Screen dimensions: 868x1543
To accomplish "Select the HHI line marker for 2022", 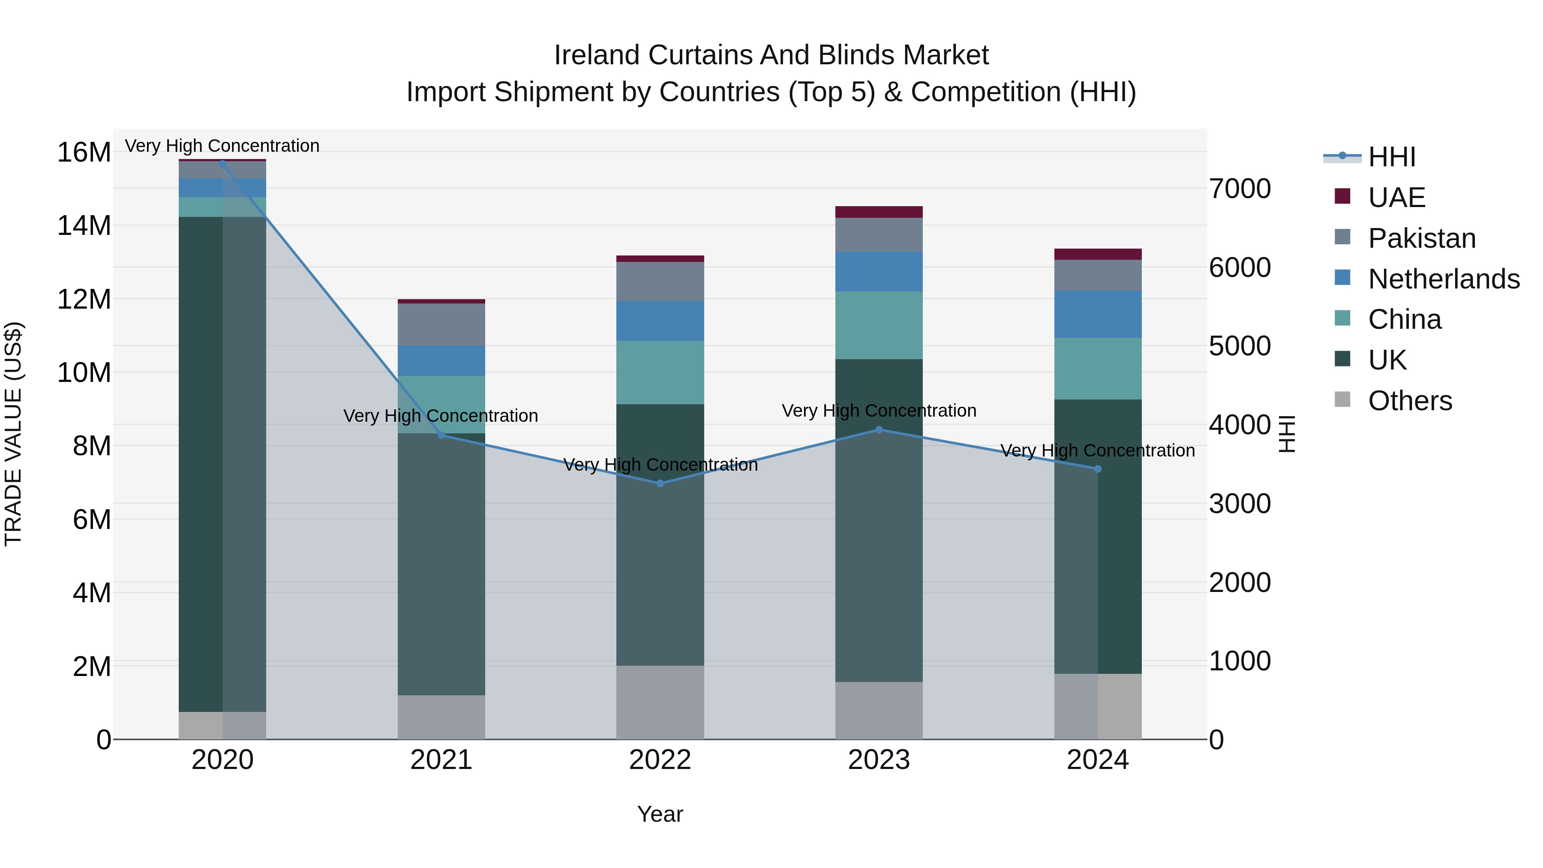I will pyautogui.click(x=660, y=484).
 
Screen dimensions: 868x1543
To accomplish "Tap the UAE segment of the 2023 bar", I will pyautogui.click(x=879, y=212).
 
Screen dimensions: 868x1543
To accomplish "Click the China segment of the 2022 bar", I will pyautogui.click(x=660, y=372).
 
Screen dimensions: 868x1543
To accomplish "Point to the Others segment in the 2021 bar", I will pyautogui.click(x=441, y=717).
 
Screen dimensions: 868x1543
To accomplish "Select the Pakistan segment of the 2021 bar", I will pyautogui.click(x=441, y=324).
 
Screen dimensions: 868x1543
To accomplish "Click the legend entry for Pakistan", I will pyautogui.click(x=1421, y=238).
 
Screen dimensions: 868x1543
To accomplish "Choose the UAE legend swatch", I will pyautogui.click(x=1342, y=196).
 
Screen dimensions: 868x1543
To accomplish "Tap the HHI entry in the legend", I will pyautogui.click(x=1391, y=157).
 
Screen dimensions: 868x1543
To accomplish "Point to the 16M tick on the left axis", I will pyautogui.click(x=84, y=152).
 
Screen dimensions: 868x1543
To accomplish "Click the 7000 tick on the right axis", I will pyautogui.click(x=1239, y=189).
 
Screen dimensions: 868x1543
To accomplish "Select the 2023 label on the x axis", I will pyautogui.click(x=879, y=760).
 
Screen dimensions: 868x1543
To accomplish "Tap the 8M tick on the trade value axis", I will pyautogui.click(x=92, y=446).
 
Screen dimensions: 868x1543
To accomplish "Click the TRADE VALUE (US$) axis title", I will pyautogui.click(x=13, y=434).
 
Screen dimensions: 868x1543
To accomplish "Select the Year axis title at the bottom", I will pyautogui.click(x=660, y=814).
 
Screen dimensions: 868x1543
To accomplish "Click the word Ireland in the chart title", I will pyautogui.click(x=597, y=55).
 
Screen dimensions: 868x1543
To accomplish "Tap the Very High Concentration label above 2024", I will pyautogui.click(x=1097, y=451).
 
